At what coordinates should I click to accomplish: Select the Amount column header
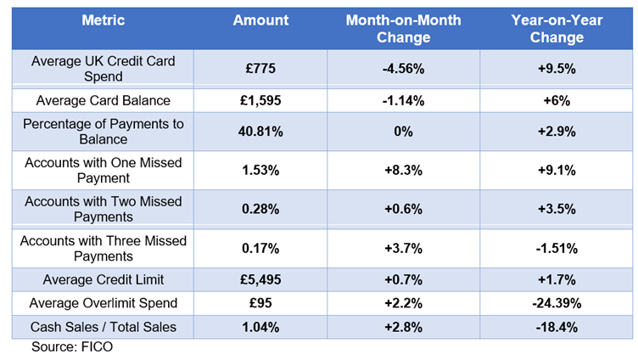(x=260, y=20)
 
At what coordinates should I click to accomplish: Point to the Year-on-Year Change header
(x=557, y=28)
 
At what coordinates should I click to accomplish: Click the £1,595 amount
(x=260, y=100)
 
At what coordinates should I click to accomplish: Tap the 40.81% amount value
(x=260, y=132)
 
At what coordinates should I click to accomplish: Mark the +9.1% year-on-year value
(x=557, y=170)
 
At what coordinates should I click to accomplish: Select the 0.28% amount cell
(x=260, y=209)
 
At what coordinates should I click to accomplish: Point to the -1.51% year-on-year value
(x=557, y=248)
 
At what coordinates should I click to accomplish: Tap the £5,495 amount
(x=260, y=279)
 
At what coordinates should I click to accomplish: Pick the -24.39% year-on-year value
(x=557, y=303)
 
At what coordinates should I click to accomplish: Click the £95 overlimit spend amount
(x=260, y=303)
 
